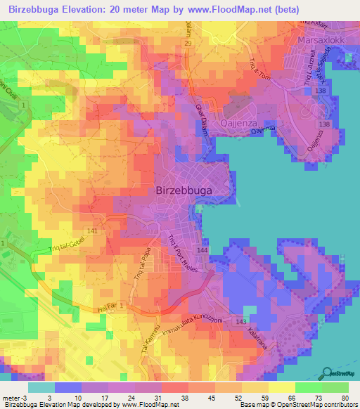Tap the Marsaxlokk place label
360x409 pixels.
coord(324,40)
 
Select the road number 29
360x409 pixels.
coord(188,44)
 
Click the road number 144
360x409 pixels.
coord(202,250)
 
